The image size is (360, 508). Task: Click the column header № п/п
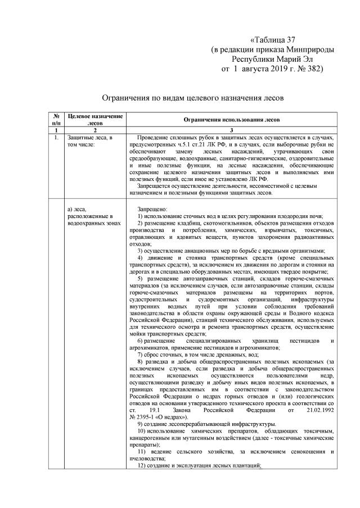click(x=56, y=119)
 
